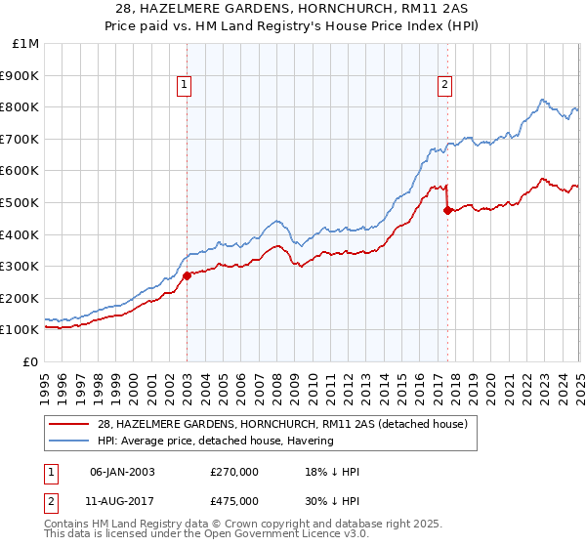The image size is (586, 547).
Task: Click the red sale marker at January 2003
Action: click(187, 275)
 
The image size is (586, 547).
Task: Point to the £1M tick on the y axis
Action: click(26, 44)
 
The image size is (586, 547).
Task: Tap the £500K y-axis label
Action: click(21, 202)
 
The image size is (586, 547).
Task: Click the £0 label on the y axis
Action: click(29, 361)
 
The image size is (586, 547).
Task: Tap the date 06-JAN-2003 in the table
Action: click(122, 473)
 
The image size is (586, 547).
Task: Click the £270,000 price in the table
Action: click(233, 473)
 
